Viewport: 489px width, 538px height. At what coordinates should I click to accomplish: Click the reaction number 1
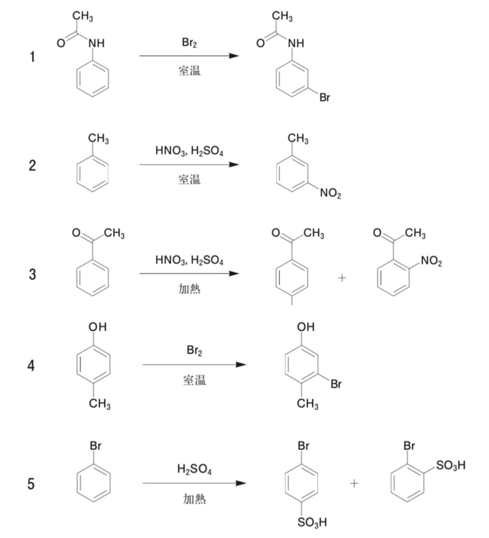[x=33, y=57]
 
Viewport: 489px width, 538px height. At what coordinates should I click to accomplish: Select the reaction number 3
[x=33, y=274]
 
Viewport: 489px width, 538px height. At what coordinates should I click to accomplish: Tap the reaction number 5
[x=32, y=483]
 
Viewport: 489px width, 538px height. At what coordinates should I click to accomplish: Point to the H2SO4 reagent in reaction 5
[x=194, y=469]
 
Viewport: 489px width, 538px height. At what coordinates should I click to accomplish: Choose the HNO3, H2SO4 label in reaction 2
[x=189, y=152]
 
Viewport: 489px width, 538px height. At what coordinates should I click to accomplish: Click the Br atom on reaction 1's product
[x=325, y=98]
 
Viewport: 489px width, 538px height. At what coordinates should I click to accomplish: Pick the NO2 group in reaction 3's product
[x=432, y=261]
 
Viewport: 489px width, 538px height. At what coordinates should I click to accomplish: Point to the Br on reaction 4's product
[x=336, y=385]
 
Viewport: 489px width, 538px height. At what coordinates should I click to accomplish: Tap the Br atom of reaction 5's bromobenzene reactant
[x=96, y=446]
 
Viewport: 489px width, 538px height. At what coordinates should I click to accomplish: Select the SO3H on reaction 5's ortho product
[x=451, y=465]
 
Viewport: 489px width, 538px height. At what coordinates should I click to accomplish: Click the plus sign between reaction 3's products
[x=342, y=278]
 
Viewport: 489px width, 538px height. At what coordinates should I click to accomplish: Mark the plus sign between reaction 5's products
[x=355, y=483]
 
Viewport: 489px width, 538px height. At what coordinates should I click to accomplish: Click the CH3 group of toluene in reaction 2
[x=98, y=139]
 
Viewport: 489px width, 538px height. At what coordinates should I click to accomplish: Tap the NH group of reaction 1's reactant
[x=96, y=44]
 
